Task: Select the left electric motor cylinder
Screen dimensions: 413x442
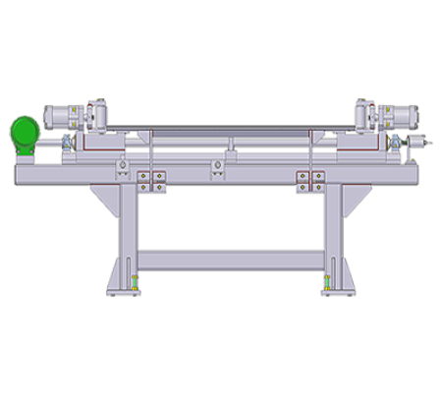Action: pos(61,115)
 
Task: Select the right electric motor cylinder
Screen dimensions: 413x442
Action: pos(401,115)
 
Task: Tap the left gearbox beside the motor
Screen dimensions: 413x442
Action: pos(94,114)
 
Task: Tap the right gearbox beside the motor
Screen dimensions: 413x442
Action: pos(367,114)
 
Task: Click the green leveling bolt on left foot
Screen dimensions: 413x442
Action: pos(135,286)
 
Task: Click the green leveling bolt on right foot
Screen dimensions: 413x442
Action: pos(325,286)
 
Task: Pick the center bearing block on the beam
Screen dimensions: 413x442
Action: pos(218,170)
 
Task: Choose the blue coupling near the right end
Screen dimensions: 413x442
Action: pos(395,147)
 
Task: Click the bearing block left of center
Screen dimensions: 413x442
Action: pos(123,166)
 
